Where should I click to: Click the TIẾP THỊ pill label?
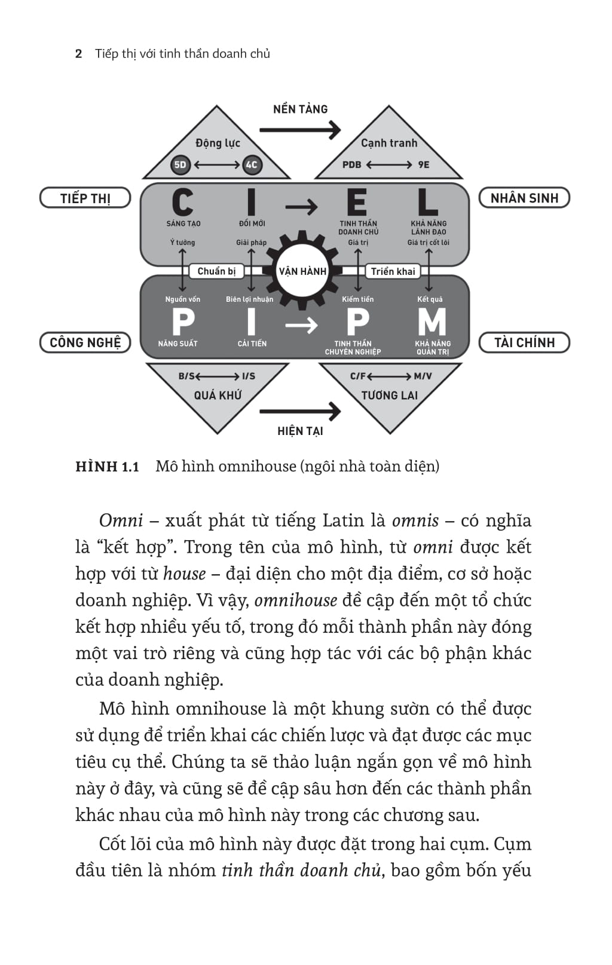click(85, 198)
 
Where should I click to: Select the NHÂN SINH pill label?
click(524, 198)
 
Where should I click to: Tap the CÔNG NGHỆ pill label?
click(85, 342)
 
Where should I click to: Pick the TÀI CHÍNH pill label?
click(524, 342)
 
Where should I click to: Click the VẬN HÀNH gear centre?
click(302, 271)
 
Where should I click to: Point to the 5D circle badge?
click(180, 165)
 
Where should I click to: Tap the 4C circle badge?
click(252, 165)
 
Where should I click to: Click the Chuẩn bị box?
click(216, 271)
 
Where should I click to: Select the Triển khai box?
click(393, 271)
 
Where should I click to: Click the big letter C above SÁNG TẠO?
click(182, 202)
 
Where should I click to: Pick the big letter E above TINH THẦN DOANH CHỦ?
click(357, 202)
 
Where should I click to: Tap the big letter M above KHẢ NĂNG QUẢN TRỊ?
click(432, 323)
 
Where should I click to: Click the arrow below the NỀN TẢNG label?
click(300, 129)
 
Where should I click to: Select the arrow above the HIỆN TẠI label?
click(300, 410)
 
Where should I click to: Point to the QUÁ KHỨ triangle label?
click(218, 395)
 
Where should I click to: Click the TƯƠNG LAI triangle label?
click(390, 395)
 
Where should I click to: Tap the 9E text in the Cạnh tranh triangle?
click(424, 165)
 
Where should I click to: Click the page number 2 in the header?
click(78, 54)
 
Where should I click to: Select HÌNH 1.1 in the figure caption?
click(107, 467)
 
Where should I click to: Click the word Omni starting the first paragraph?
click(121, 521)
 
